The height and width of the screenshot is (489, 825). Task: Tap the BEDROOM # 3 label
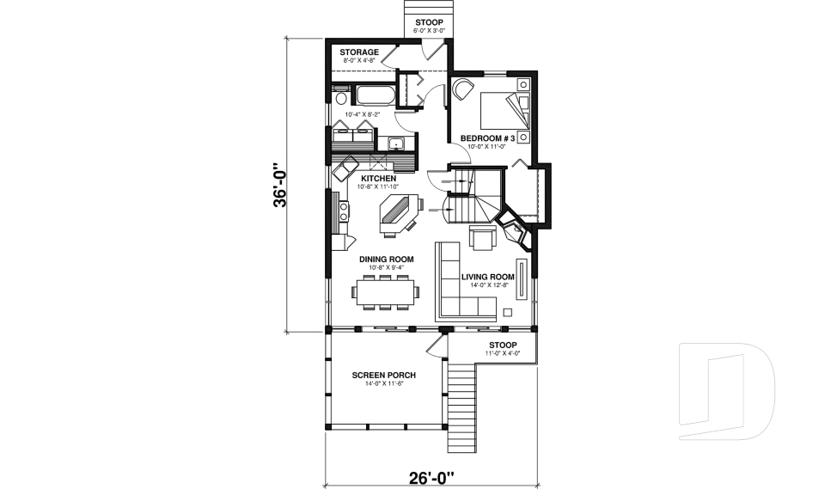click(x=487, y=138)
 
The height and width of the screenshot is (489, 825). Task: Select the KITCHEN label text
click(x=378, y=179)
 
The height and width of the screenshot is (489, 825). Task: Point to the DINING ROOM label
click(x=387, y=259)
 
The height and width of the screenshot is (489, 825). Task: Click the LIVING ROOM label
click(x=487, y=277)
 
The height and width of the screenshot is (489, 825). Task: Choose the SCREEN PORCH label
click(x=384, y=376)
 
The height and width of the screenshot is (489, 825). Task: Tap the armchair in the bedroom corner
click(x=463, y=89)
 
